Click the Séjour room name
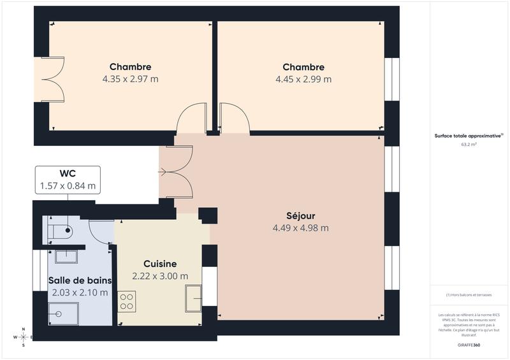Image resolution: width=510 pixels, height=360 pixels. coord(300,215)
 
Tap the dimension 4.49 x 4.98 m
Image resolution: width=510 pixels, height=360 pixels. coord(300,227)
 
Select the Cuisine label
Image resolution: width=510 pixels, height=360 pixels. coord(160,264)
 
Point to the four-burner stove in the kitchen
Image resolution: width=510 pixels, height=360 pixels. coord(127,301)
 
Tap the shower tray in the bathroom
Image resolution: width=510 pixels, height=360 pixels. coord(64,313)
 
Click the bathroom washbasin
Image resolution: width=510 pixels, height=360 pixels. coord(66,256)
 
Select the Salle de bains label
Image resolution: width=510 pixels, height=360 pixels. coord(80,280)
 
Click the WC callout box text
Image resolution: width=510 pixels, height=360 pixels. coord(68,180)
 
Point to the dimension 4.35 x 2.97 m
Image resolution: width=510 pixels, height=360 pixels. coord(130,80)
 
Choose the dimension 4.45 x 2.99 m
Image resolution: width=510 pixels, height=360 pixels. coord(303,80)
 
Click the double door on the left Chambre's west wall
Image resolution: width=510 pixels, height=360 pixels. coord(53,79)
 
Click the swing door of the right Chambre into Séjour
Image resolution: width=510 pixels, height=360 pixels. coord(234,119)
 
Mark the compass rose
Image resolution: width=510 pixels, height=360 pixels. coord(24,337)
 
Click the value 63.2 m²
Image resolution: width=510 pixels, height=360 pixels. coord(469,145)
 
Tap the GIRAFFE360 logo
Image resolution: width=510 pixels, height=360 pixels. coord(469,345)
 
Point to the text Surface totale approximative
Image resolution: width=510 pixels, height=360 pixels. coord(468,136)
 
